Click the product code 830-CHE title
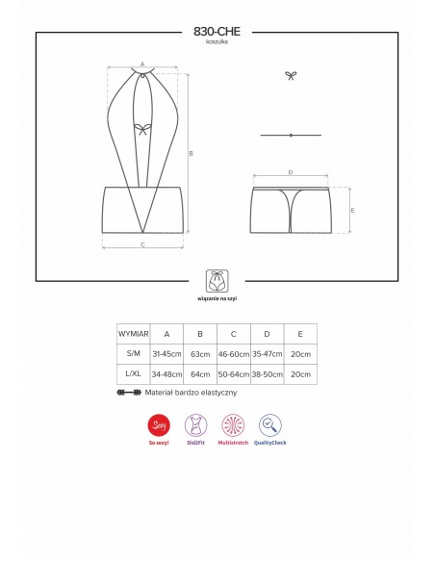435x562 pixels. tap(217, 32)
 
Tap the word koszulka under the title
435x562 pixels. tap(217, 44)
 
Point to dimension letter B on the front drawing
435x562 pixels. tap(192, 153)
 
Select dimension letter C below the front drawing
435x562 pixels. tap(142, 246)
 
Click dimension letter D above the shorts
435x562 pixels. tap(290, 173)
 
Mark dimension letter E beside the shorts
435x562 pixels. tap(353, 210)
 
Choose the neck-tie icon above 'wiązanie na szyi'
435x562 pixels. tap(217, 281)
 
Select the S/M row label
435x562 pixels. tap(133, 353)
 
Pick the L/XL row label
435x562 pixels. tap(133, 373)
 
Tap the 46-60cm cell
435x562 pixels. tap(234, 353)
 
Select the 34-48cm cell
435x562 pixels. tap(166, 373)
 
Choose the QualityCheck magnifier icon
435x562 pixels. tap(270, 424)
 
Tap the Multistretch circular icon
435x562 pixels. tap(232, 424)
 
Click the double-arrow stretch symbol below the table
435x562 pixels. tap(127, 393)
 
